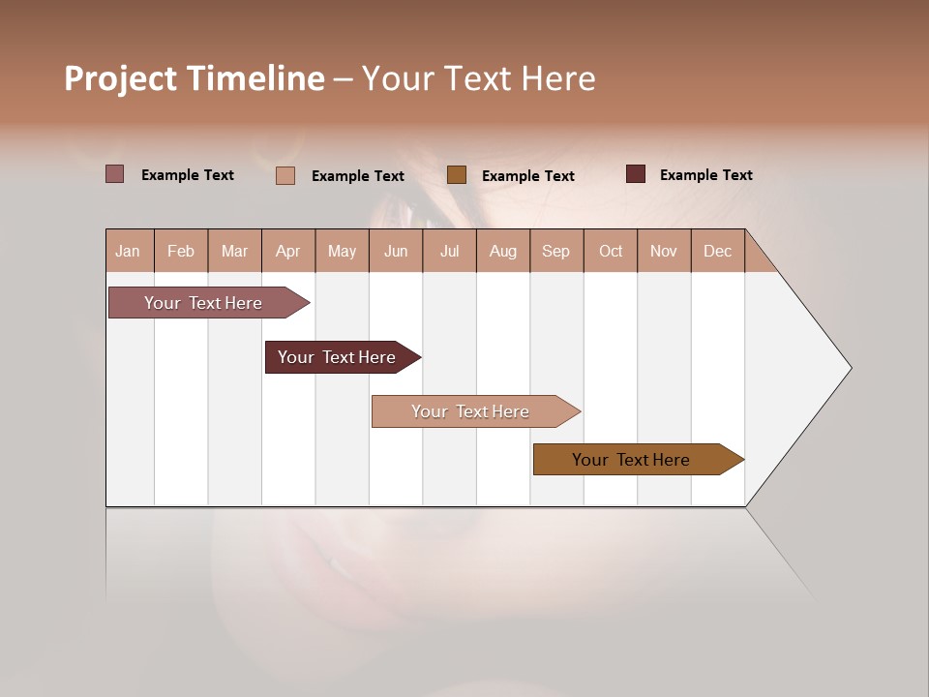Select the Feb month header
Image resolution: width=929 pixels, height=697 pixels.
pyautogui.click(x=181, y=251)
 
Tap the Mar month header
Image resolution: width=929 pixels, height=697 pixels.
pyautogui.click(x=234, y=251)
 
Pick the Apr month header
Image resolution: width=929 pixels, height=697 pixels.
pyautogui.click(x=288, y=251)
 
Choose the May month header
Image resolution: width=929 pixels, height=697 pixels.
pyautogui.click(x=342, y=251)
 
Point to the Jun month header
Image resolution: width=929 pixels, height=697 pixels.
pyautogui.click(x=396, y=251)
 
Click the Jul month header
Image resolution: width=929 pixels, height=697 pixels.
pyautogui.click(x=449, y=251)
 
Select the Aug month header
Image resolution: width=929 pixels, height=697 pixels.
pyautogui.click(x=503, y=251)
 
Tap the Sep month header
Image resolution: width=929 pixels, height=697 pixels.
pyautogui.click(x=556, y=251)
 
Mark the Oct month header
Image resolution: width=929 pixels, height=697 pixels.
pyautogui.click(x=611, y=251)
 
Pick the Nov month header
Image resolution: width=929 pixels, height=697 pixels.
pyautogui.click(x=664, y=251)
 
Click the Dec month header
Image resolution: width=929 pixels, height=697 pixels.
pyautogui.click(x=717, y=251)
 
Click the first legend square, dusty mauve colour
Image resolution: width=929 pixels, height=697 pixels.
pyautogui.click(x=114, y=174)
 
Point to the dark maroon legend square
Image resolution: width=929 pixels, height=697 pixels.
pyautogui.click(x=636, y=174)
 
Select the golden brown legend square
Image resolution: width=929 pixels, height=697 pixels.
pyautogui.click(x=457, y=174)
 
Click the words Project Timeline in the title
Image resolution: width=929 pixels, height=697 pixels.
pyautogui.click(x=195, y=78)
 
